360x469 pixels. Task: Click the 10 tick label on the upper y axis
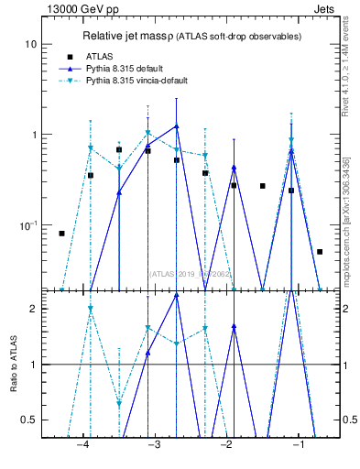31,45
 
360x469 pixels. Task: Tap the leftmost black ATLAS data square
61,234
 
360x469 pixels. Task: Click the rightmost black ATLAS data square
320,251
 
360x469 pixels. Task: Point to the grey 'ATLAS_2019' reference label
170,273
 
